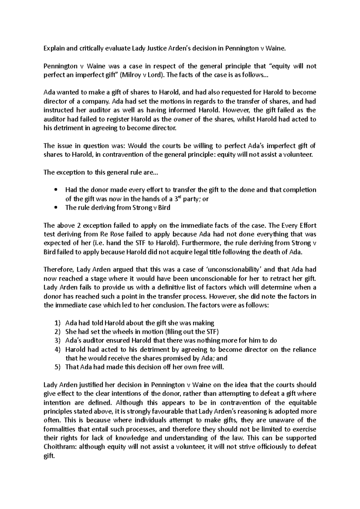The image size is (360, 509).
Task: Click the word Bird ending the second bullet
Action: pyautogui.click(x=164, y=208)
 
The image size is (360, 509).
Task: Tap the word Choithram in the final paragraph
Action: pyautogui.click(x=58, y=447)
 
